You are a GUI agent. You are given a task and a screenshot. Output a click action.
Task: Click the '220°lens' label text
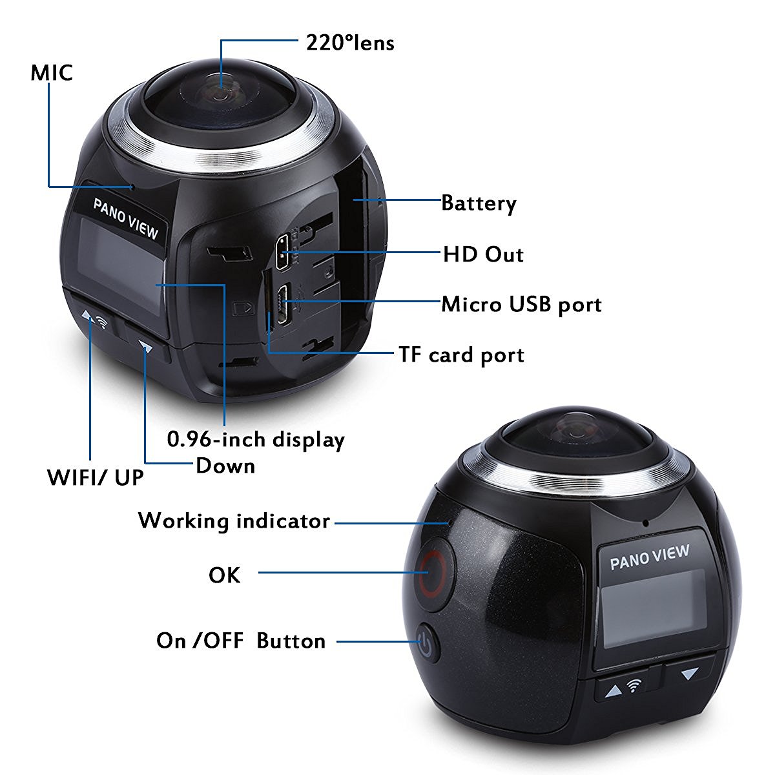349,43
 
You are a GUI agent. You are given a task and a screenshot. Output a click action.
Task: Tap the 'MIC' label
52,72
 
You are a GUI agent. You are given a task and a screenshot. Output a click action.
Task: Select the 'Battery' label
479,203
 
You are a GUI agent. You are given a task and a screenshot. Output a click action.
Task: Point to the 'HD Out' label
483,254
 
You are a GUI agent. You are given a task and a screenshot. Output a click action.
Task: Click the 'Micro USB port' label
521,304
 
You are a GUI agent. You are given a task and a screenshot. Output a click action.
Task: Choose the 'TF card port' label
461,355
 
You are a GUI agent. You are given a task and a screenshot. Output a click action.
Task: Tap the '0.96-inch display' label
256,439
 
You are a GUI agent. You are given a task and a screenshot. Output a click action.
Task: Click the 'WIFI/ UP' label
96,478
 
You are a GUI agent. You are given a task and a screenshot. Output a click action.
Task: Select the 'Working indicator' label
234,521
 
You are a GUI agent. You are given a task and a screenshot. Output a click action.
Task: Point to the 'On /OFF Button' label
241,641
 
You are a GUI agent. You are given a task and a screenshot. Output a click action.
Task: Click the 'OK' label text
224,574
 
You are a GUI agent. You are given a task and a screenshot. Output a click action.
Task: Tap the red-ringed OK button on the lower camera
430,572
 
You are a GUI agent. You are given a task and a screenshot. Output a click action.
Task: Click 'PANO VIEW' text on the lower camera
649,557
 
